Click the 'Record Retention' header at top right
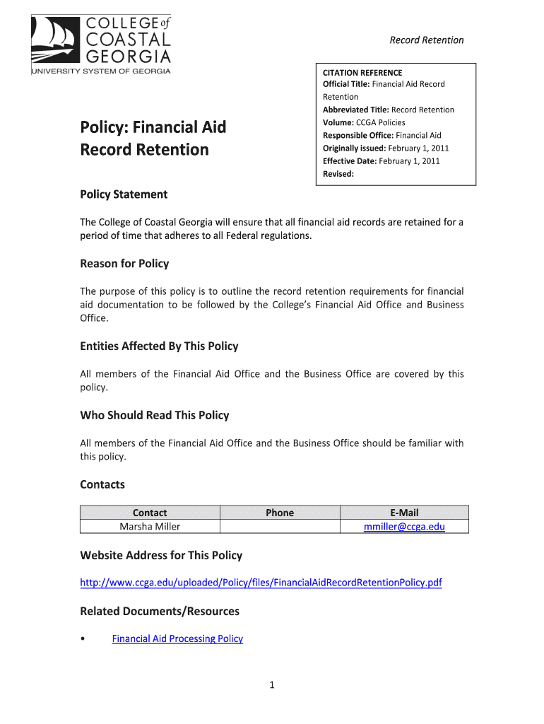point(427,40)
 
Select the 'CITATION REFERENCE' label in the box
point(362,72)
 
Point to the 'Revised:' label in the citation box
point(338,174)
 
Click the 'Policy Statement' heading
point(124,194)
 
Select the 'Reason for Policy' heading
point(124,264)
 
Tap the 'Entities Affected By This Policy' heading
point(159,346)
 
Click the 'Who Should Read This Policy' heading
point(155,416)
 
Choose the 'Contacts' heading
point(102,485)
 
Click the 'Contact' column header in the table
point(150,513)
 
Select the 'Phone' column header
point(280,513)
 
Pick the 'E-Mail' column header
point(404,513)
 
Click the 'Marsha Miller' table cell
point(150,526)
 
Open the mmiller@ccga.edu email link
point(404,526)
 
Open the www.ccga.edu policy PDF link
point(261,583)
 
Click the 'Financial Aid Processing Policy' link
point(177,638)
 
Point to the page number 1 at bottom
point(271,684)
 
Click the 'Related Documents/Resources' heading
point(160,611)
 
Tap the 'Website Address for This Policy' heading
point(161,556)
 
